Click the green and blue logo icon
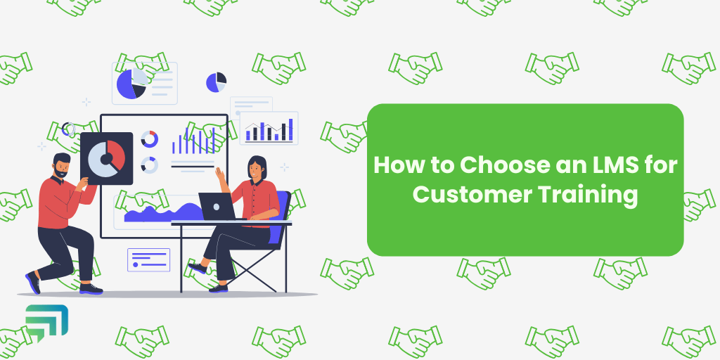(47, 320)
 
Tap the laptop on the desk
(219, 207)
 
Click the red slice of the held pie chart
(116, 153)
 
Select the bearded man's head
(61, 165)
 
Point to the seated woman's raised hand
(220, 174)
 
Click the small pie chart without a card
(216, 82)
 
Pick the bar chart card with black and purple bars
(269, 128)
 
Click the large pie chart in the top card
(131, 84)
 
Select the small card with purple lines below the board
(149, 260)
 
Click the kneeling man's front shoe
(91, 289)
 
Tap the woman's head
(256, 168)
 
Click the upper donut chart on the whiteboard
(150, 139)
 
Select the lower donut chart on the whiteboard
(150, 165)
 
